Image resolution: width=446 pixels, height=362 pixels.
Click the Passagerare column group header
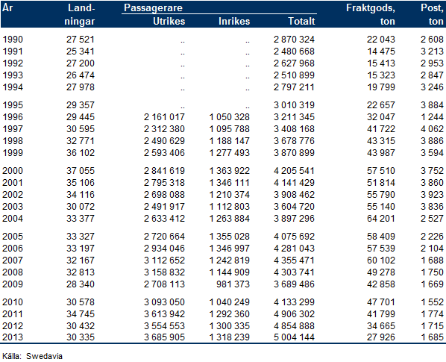(x=153, y=7)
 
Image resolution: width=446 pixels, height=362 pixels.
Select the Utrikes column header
(x=169, y=21)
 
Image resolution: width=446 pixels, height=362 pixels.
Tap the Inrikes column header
(x=234, y=21)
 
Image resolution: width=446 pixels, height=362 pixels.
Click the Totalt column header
(x=301, y=21)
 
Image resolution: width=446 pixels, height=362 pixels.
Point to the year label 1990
(x=13, y=40)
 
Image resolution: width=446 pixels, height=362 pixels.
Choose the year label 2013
(x=13, y=337)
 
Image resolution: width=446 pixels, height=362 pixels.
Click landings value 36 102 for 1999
(x=81, y=153)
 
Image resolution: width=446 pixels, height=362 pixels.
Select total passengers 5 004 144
(x=294, y=337)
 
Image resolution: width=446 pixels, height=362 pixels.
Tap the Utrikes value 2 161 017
(x=164, y=117)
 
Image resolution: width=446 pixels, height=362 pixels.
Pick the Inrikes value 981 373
(x=233, y=284)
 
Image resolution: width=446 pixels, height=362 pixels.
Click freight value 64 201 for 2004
(x=381, y=219)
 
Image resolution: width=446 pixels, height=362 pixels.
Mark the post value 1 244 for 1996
(x=432, y=117)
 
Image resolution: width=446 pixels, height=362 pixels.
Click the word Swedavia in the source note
(x=44, y=356)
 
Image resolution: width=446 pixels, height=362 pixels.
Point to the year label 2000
(x=13, y=171)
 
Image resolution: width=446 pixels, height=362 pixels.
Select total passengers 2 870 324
(x=294, y=40)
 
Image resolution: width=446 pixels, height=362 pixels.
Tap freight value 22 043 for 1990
(x=381, y=40)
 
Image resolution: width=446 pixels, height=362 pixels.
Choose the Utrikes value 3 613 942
(x=164, y=314)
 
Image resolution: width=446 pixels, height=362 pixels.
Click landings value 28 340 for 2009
(x=81, y=284)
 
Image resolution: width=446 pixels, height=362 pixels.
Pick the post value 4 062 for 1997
(x=432, y=129)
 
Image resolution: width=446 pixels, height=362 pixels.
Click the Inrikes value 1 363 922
(x=230, y=171)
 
